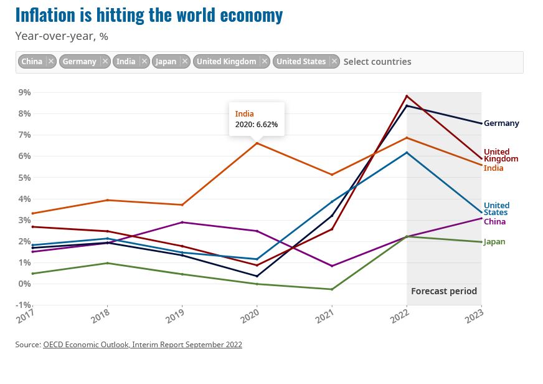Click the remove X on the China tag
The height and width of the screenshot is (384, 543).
coord(51,61)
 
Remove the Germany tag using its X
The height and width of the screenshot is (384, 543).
coord(105,61)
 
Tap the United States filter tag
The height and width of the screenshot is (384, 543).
coord(301,61)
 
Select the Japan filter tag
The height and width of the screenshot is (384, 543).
coord(166,61)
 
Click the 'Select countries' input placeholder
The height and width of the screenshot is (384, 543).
coord(377,61)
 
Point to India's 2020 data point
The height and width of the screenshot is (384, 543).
coord(257,143)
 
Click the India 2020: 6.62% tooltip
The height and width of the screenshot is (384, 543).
coord(257,119)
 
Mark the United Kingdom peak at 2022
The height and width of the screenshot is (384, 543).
coord(407,96)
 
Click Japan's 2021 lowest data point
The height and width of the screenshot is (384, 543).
coord(332,289)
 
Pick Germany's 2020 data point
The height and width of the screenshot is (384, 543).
coord(257,276)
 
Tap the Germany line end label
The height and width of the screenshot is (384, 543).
coord(501,123)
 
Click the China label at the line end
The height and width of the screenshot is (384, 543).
coord(494,222)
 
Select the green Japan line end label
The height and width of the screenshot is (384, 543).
coord(494,242)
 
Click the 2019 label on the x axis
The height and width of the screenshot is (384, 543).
coord(176,317)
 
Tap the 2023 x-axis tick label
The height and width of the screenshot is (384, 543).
coord(476,317)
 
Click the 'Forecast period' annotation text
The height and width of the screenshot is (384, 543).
coord(444,291)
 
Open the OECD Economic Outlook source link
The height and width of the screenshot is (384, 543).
coord(143,345)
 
